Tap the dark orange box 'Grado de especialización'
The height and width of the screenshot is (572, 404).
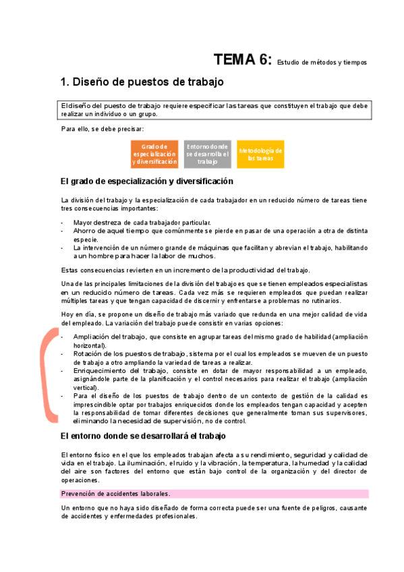155,154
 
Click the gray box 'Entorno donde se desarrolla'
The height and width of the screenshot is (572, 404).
208,154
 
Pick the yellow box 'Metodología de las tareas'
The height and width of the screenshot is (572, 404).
260,154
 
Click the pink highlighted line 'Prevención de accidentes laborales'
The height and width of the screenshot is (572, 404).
115,494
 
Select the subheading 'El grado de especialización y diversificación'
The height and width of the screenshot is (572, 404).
146,181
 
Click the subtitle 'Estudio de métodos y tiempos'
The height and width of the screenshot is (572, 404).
322,62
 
